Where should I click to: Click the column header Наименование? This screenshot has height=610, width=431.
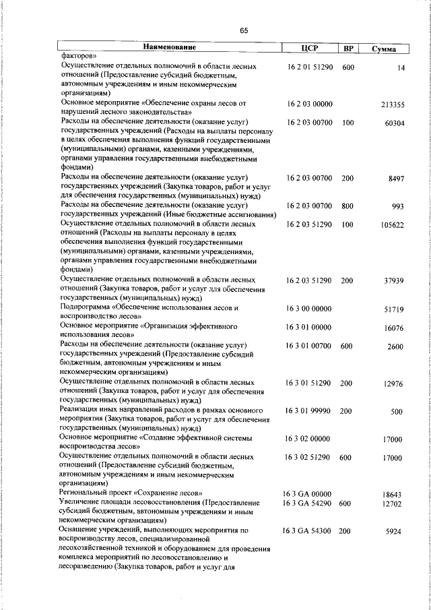pyautogui.click(x=168, y=48)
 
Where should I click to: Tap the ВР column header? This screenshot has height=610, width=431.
pyautogui.click(x=348, y=48)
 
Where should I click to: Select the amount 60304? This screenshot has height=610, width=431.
pyautogui.click(x=394, y=123)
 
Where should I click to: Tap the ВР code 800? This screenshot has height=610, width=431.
pyautogui.click(x=347, y=206)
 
